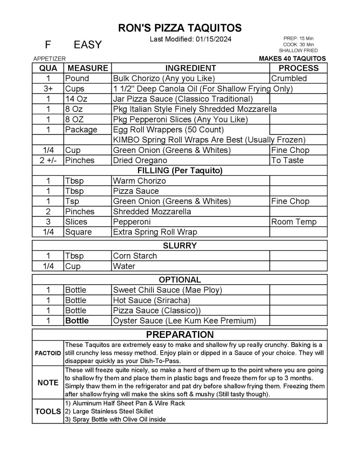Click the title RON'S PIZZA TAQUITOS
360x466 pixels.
(180, 28)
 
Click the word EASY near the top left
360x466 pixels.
(87, 45)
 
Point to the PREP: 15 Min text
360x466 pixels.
(298, 39)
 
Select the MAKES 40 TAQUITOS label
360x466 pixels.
(292, 58)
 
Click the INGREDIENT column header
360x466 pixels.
(190, 68)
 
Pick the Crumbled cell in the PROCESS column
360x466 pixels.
(289, 78)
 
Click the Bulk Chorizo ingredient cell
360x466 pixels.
(164, 78)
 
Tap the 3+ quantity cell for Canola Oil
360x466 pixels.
(48, 89)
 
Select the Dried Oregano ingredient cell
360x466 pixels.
(140, 160)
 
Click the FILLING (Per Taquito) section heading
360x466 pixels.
(180, 171)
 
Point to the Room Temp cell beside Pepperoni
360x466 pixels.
(294, 222)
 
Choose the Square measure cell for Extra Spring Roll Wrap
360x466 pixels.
(78, 232)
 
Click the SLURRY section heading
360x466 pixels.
(180, 246)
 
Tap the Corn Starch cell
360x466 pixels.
(135, 256)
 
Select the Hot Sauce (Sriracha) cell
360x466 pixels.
(151, 300)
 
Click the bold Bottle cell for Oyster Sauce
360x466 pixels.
(77, 321)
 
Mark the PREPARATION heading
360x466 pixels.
(180, 335)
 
